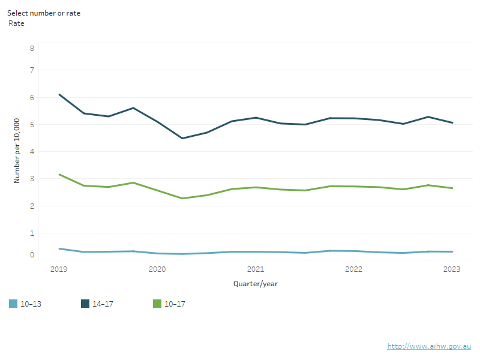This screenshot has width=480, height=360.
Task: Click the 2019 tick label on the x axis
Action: [x=59, y=269]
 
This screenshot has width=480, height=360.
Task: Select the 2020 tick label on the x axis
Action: [x=157, y=269]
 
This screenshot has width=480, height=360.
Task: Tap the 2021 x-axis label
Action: [x=256, y=269]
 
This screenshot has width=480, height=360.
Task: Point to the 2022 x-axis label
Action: [x=353, y=269]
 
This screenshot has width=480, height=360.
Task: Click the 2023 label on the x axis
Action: [x=452, y=269]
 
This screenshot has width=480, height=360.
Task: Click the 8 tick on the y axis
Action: [x=32, y=48]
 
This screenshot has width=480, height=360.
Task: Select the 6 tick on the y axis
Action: [x=32, y=97]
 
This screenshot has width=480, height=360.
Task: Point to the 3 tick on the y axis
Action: [x=32, y=179]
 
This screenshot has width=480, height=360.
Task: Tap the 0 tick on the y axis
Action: [x=32, y=255]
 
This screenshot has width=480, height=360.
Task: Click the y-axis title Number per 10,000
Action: [x=17, y=151]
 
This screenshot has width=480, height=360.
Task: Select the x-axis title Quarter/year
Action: [x=256, y=283]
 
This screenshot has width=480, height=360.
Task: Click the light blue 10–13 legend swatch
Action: [x=13, y=304]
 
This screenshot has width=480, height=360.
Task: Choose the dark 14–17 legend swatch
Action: [x=85, y=304]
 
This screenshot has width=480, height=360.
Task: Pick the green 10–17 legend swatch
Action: [x=157, y=304]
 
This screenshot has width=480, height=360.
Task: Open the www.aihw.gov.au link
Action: [x=429, y=346]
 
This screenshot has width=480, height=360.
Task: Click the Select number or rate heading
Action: [x=43, y=13]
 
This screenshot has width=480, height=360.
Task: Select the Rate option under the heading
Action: [x=16, y=23]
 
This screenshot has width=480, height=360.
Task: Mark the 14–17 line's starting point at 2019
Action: [x=59, y=94]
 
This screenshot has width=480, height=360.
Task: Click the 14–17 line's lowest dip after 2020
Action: [x=182, y=139]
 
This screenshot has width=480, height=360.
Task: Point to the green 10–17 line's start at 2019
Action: [x=59, y=175]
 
